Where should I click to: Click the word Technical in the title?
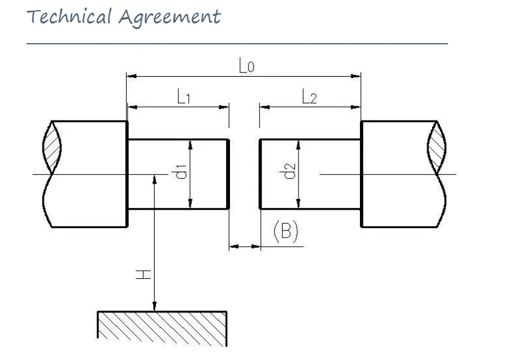pos(70,16)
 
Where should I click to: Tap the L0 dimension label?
pos(246,65)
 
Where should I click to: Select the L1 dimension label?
pos(184,97)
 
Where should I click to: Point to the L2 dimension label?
pos(309,97)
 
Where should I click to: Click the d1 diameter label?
pos(180,171)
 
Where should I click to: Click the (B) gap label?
pos(285,231)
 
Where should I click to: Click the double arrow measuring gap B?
pos(245,246)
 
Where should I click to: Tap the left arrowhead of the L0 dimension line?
pos(132,76)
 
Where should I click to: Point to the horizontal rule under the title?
pos(237,44)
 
